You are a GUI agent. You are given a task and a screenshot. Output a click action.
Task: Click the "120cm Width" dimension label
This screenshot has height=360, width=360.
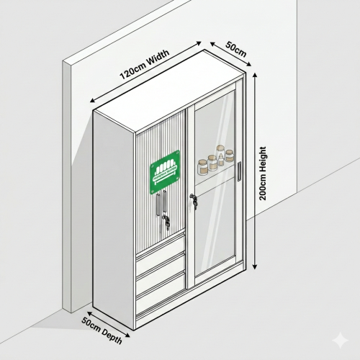[x=145, y=64]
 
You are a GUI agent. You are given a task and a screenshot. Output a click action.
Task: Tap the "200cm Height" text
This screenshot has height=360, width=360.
[x=263, y=174]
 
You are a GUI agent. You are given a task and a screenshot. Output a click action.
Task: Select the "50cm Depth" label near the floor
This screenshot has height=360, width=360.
[x=102, y=330]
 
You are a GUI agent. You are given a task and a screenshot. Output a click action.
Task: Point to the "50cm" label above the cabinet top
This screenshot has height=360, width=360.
[x=236, y=50]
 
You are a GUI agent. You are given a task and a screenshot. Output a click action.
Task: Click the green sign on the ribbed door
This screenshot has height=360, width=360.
[x=165, y=172]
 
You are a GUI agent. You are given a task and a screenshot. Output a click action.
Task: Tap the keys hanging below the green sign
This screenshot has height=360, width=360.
[x=166, y=221]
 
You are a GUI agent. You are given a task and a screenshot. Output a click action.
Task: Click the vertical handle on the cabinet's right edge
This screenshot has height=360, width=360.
[x=239, y=171]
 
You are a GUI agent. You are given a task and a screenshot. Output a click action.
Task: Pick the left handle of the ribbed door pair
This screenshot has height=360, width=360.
[x=158, y=204]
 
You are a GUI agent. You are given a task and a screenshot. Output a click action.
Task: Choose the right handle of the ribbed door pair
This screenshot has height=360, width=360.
[x=164, y=201]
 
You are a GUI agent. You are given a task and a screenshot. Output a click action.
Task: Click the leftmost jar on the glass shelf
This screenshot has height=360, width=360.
[x=202, y=167]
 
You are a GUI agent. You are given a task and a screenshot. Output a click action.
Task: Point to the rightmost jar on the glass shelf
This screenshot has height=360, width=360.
[x=230, y=156]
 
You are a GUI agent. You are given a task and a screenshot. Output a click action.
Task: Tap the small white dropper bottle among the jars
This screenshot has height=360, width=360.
[x=221, y=160]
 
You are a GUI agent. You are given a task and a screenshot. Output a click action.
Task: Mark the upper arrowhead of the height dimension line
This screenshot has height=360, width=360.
[x=255, y=75]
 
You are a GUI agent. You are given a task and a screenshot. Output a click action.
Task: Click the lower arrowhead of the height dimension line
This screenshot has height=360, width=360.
[x=255, y=266]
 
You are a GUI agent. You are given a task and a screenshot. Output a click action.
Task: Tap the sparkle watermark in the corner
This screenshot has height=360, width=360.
[x=341, y=340]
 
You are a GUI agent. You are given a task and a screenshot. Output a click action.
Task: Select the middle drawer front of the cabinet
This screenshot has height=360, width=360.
[x=161, y=271]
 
